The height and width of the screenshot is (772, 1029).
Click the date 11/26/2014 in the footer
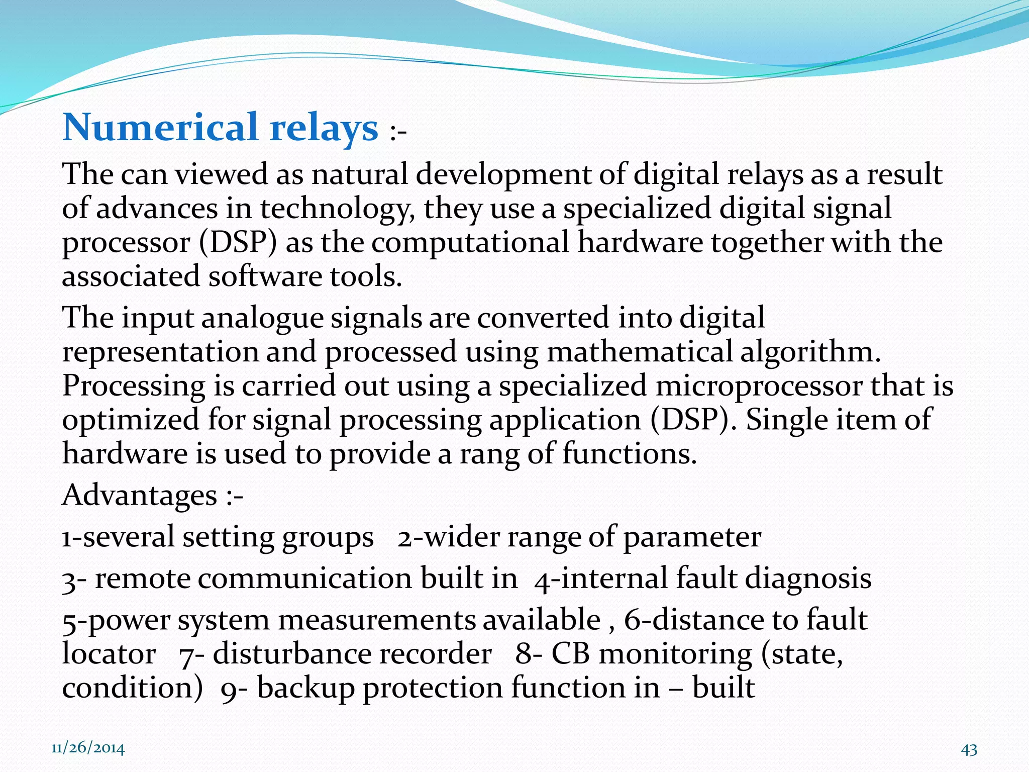(88, 748)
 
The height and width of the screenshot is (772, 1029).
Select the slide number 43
(969, 749)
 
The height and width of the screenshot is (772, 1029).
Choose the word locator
(109, 654)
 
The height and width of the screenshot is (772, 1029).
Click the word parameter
(692, 537)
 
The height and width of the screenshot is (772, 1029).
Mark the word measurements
(376, 620)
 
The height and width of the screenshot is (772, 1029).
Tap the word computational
(470, 243)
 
